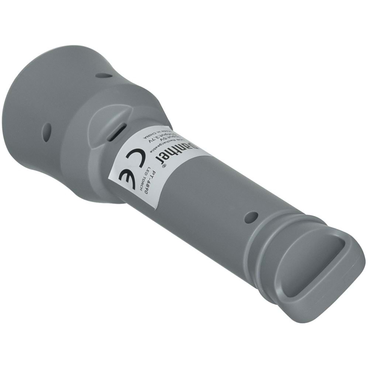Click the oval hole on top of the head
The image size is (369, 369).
coord(104,76)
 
